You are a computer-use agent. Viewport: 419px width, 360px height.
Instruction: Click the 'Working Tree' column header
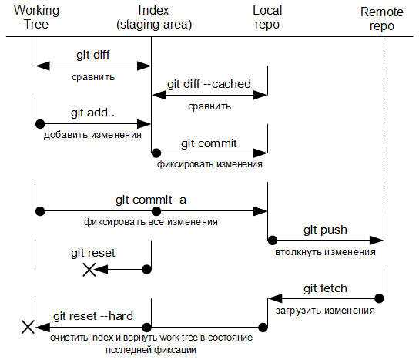tap(36, 18)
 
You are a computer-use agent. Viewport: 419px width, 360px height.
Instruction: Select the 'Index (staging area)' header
tap(154, 18)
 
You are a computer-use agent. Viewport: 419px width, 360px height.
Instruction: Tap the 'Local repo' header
tap(267, 18)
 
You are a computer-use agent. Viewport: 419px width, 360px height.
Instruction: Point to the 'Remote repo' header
tap(382, 19)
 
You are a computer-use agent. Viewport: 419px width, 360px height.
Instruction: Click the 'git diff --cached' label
tap(209, 84)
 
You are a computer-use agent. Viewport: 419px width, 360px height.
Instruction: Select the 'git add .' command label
tap(92, 113)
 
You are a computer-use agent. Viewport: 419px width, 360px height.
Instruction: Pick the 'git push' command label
tap(325, 230)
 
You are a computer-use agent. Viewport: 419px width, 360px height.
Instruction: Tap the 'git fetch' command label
tap(325, 288)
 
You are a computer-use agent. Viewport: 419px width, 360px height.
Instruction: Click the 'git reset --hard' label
tap(93, 316)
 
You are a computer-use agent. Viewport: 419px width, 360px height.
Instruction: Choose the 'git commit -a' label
tap(151, 200)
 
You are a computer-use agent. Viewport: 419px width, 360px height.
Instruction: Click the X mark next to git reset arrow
tap(89, 269)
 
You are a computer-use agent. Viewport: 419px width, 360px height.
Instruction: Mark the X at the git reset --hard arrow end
tap(28, 327)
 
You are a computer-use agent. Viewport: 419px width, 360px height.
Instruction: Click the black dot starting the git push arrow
tap(273, 241)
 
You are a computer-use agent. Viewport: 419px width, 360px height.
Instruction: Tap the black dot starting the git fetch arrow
tap(379, 298)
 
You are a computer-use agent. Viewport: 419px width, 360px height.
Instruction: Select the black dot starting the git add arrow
tap(40, 124)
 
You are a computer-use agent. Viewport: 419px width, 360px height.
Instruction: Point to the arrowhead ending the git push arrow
tap(377, 241)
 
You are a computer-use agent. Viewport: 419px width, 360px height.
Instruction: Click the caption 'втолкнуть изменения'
tap(325, 252)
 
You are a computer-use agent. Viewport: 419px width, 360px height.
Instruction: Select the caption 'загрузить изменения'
tap(325, 311)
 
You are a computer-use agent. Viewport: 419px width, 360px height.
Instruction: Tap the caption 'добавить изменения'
tap(92, 135)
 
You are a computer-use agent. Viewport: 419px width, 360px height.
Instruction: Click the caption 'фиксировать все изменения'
tap(151, 222)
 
